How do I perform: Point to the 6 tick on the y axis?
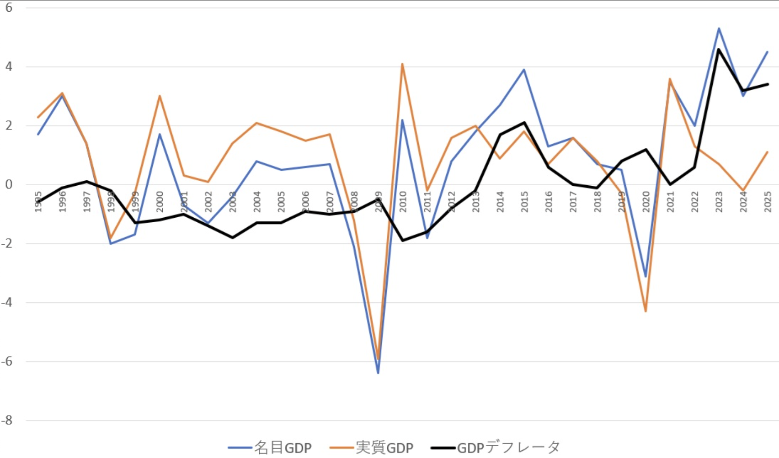pyautogui.click(x=9, y=8)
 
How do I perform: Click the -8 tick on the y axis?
pyautogui.click(x=7, y=421)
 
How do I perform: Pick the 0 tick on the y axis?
pyautogui.click(x=9, y=184)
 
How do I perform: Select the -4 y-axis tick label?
pyautogui.click(x=7, y=302)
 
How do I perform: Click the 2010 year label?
pyautogui.click(x=403, y=202)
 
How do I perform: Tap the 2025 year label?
pyautogui.click(x=768, y=202)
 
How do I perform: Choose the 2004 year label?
pyautogui.click(x=257, y=202)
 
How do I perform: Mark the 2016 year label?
pyautogui.click(x=549, y=202)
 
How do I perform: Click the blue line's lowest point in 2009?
pyautogui.click(x=378, y=373)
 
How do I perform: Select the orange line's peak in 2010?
pyautogui.click(x=402, y=64)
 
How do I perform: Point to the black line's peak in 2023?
pyautogui.click(x=719, y=49)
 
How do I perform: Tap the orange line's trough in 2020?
pyautogui.click(x=646, y=311)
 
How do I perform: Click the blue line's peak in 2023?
pyautogui.click(x=719, y=28)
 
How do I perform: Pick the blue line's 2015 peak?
pyautogui.click(x=524, y=69)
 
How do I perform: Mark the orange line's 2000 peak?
pyautogui.click(x=160, y=96)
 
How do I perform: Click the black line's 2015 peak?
pyautogui.click(x=524, y=123)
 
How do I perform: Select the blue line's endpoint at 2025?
pyautogui.click(x=767, y=52)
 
